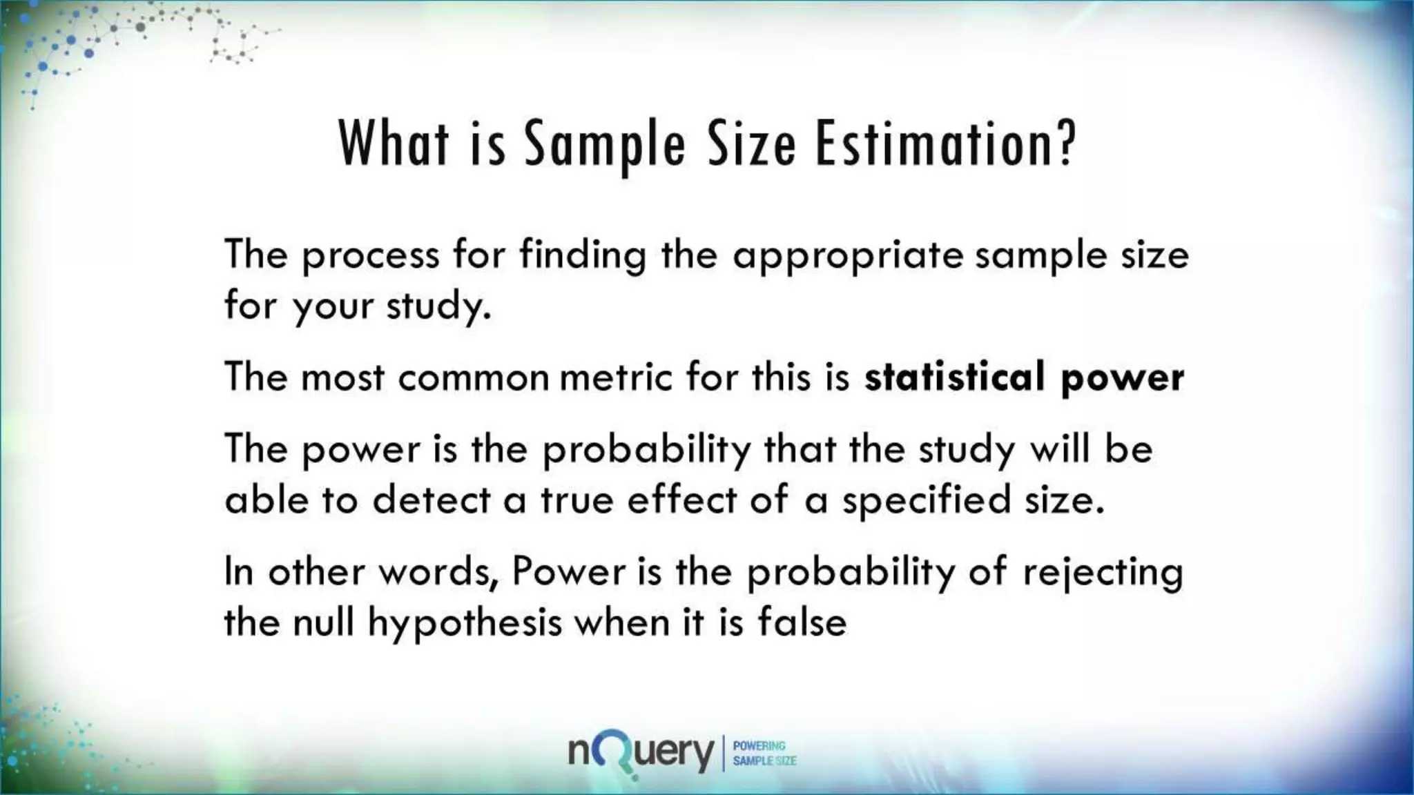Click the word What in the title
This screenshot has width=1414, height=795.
(394, 144)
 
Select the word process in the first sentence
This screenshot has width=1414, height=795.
(370, 255)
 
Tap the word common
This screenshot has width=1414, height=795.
(473, 378)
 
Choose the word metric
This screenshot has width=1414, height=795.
(615, 377)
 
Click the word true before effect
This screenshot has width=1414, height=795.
(577, 500)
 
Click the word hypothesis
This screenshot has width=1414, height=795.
(465, 624)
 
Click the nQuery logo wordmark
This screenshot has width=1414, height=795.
(641, 752)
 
